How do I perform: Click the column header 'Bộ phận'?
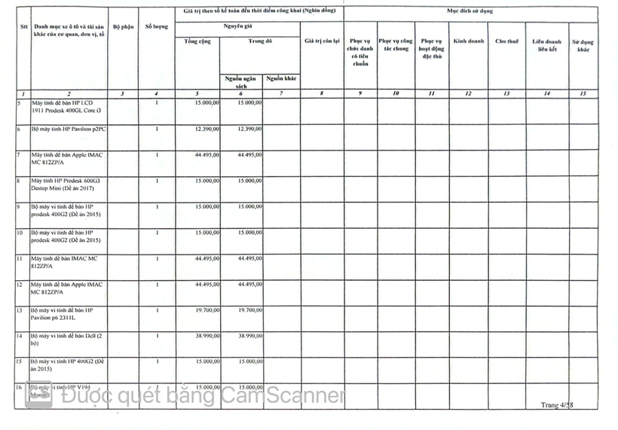123,26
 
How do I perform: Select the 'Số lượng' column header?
157,26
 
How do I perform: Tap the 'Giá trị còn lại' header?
323,41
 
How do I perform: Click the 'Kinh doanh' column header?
469,41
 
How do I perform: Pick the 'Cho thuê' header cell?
506,41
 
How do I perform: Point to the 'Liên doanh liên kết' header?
546,44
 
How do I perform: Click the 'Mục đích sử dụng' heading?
470,13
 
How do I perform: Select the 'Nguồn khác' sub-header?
281,78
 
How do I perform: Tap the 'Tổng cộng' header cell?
197,41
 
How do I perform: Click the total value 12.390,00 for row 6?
207,129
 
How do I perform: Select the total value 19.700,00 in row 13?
207,309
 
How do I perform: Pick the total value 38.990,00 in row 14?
207,335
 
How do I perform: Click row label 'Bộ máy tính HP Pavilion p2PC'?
69,129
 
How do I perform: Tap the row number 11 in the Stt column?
19,258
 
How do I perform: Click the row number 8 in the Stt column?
18,181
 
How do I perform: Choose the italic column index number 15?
583,93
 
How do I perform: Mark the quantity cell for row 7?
157,155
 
